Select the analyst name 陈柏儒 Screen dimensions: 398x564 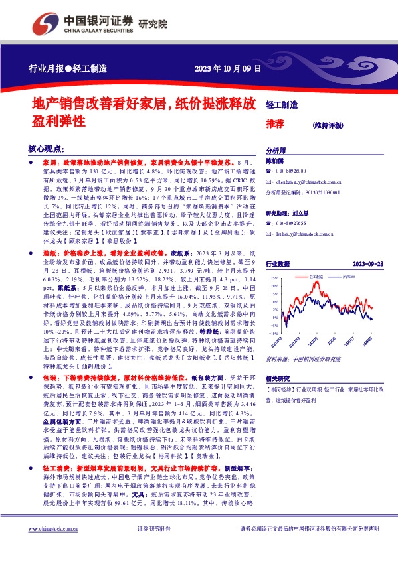point(276,161)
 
